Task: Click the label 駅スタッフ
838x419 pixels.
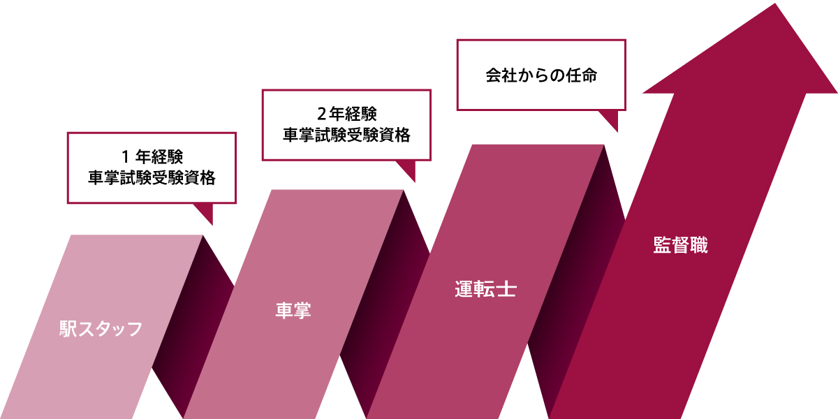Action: point(101,329)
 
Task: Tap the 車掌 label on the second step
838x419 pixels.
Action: point(293,310)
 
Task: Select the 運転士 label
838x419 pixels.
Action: point(485,289)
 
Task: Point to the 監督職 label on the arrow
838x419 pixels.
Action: point(680,245)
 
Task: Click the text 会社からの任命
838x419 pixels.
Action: point(541,75)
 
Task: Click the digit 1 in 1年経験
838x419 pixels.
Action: point(126,156)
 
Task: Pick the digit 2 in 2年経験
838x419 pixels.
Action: point(321,114)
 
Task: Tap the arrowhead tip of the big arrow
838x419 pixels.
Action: point(774,3)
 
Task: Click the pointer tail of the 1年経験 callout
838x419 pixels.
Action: point(205,212)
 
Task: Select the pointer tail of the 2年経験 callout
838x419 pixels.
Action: point(408,170)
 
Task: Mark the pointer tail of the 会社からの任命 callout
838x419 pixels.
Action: point(610,119)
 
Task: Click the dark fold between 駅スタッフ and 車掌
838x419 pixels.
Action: point(193,326)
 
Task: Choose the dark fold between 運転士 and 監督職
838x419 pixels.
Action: point(576,281)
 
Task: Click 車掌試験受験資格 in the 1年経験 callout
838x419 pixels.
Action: point(152,177)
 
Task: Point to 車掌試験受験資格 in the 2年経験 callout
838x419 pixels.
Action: point(347,135)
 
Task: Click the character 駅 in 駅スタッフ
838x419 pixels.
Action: point(68,329)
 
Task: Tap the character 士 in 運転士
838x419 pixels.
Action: point(507,289)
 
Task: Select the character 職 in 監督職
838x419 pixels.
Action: point(699,245)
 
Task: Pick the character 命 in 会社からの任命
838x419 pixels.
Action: point(589,75)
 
